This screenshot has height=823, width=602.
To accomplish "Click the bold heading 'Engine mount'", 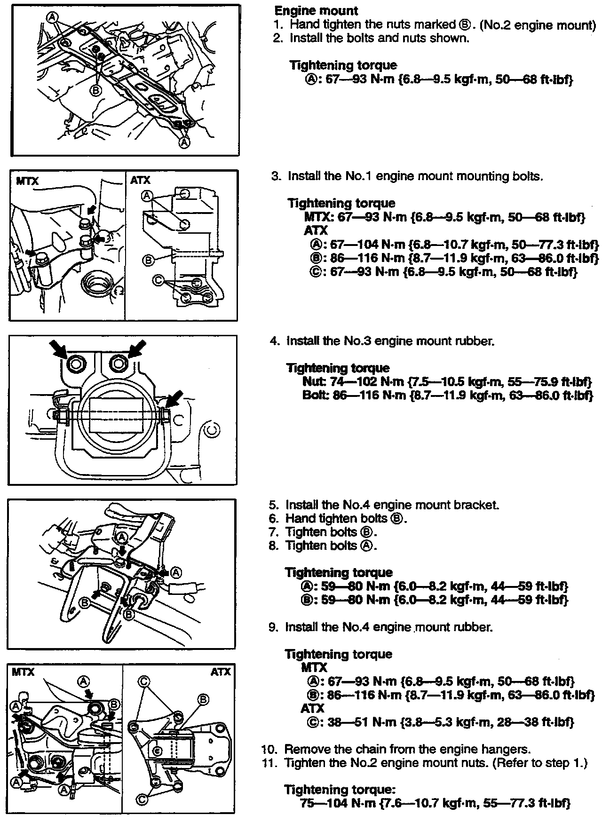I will [x=316, y=11].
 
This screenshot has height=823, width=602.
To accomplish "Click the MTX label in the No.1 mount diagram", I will [x=27, y=181].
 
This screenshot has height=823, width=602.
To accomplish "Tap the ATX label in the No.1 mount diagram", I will [x=140, y=181].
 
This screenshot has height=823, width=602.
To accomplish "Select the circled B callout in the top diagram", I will [x=95, y=89].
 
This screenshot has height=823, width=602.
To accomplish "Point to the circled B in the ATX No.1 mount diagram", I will [x=148, y=260].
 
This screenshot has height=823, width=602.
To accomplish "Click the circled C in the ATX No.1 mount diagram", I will [x=158, y=280].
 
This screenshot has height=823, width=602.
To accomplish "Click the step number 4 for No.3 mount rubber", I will [x=274, y=340].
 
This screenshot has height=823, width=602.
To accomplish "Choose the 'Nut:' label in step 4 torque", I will [x=313, y=381].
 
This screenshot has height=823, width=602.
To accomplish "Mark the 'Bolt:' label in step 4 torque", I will [x=314, y=395].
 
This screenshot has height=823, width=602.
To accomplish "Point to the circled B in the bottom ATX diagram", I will [x=203, y=699].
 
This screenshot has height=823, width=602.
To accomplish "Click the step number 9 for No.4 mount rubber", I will [x=273, y=627].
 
